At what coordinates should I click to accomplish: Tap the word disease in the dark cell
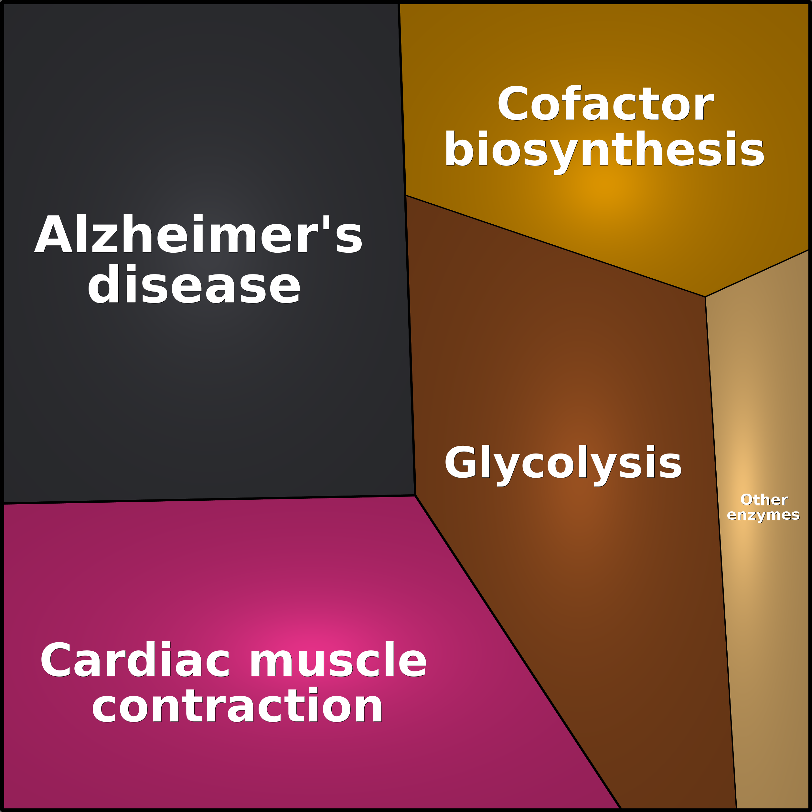[x=194, y=285]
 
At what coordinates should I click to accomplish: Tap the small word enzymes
[x=763, y=515]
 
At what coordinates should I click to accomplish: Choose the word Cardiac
[x=135, y=660]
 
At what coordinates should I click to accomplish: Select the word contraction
[x=237, y=707]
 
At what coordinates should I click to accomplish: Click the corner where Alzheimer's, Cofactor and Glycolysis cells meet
[x=406, y=196]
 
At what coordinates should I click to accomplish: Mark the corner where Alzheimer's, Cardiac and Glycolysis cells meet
[x=415, y=496]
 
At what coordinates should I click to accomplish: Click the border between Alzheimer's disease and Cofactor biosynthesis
[x=402, y=99]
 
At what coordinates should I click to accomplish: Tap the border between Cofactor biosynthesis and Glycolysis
[x=555, y=246]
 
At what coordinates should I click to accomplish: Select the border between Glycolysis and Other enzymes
[x=721, y=553]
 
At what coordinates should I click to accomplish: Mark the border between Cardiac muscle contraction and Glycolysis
[x=518, y=652]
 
